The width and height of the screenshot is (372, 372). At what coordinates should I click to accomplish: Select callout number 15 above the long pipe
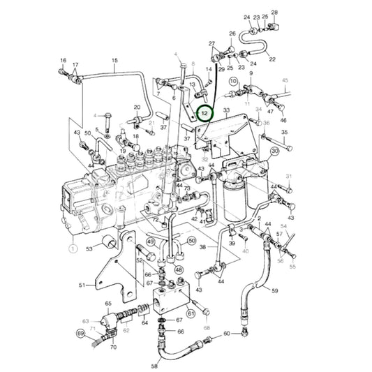coord(115,61)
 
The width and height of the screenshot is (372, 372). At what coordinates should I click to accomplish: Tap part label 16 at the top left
coord(63,61)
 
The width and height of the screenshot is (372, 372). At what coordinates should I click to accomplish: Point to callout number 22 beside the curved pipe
coord(272,59)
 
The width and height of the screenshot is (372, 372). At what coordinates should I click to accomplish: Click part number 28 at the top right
coord(274,13)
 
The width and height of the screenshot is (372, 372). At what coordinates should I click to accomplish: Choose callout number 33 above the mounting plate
coord(226,110)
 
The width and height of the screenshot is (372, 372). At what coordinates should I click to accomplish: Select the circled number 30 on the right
coord(275,151)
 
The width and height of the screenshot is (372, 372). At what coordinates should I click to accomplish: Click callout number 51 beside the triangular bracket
coord(81,285)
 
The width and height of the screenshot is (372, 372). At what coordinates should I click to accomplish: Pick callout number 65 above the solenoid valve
coord(108,304)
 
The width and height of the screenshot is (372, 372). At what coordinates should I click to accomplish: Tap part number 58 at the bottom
coord(154,365)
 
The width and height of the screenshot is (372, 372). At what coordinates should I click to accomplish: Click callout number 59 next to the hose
coord(275,291)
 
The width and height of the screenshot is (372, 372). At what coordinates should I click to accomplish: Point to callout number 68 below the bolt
coord(207,327)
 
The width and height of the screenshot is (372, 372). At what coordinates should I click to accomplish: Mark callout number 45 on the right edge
coord(285,80)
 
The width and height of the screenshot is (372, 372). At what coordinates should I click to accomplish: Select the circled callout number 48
coord(179,269)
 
